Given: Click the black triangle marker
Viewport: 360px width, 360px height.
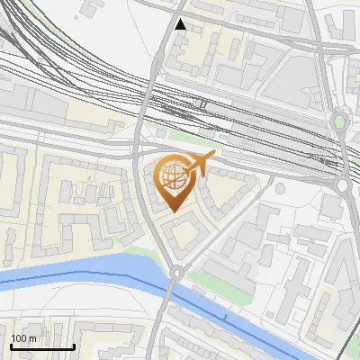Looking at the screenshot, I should pos(181,24).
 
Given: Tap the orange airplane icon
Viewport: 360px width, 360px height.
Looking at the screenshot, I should pos(201,164).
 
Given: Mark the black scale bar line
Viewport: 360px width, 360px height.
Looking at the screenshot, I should pos(42,347).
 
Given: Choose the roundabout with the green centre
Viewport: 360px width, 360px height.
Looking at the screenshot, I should pos(339,121).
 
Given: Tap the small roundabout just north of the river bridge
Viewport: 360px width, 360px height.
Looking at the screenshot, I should pos(176,271).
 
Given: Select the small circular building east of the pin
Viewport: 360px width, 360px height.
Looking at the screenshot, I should pos(280,188).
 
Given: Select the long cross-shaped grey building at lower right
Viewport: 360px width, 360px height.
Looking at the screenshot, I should pos(310,270).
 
